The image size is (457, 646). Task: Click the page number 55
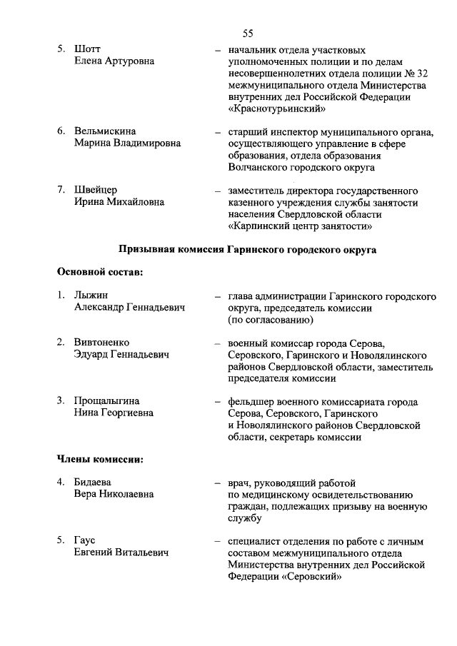coord(248,33)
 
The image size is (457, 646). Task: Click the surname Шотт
coord(88,49)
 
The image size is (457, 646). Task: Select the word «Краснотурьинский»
coord(277,109)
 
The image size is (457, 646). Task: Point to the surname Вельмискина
coord(105,131)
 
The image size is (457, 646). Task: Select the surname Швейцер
coord(96,190)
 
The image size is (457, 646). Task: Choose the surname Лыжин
coord(90,296)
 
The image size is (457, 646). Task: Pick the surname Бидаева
coord(93,483)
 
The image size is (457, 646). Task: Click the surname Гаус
coord(85,541)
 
